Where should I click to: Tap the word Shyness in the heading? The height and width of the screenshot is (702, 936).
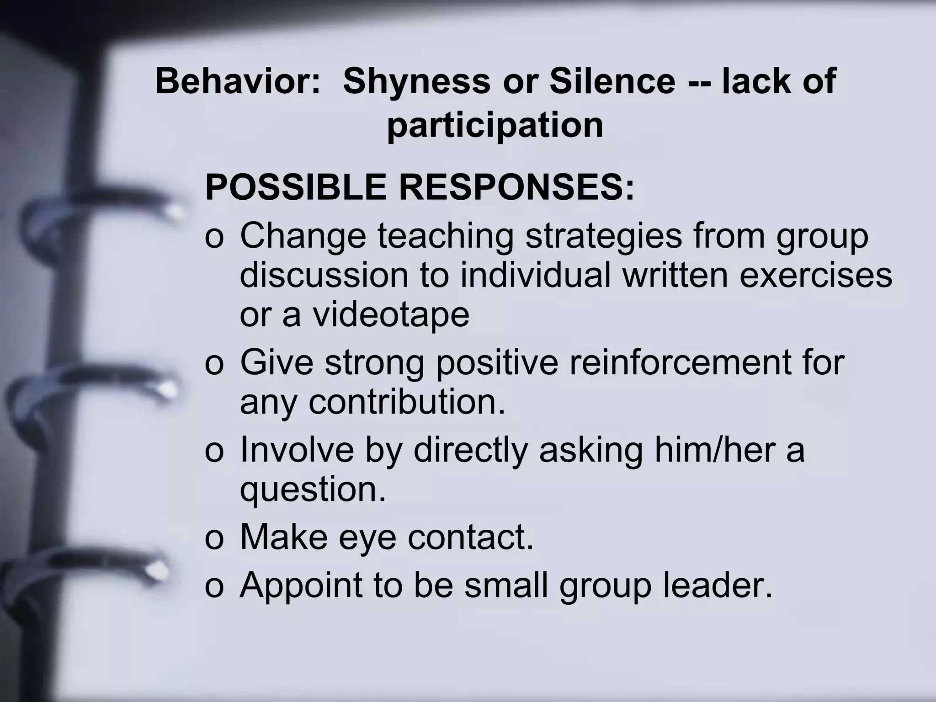(416, 81)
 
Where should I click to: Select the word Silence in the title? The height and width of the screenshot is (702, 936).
(612, 81)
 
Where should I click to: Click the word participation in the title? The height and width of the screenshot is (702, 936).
(495, 125)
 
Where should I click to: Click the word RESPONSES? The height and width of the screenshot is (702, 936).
(516, 187)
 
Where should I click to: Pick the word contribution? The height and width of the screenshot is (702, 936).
(407, 402)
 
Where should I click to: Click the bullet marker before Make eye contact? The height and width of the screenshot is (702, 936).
(214, 538)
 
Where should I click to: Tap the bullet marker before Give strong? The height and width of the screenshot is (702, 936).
(214, 364)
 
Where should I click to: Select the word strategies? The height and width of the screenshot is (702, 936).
(603, 236)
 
